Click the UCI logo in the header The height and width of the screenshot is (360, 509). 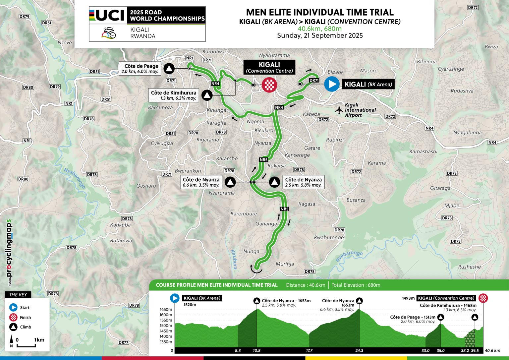tap(107, 15)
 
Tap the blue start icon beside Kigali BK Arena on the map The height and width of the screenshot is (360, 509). tap(332, 84)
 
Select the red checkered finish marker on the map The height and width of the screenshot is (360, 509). tap(269, 85)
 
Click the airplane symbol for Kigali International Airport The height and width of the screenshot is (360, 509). tap(339, 110)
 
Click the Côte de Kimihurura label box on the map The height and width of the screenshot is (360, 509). tap(174, 95)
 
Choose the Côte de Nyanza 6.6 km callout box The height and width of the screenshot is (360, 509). tap(201, 182)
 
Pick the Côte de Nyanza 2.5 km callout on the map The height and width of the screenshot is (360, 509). tap(303, 182)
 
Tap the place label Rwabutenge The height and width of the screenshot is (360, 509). tap(329, 237)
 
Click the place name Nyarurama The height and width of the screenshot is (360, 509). tap(222, 193)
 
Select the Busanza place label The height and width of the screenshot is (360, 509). tap(356, 200)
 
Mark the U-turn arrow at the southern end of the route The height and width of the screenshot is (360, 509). tap(256, 269)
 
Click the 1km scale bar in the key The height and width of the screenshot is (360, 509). tap(26, 345)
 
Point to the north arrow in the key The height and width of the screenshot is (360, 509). tap(12, 340)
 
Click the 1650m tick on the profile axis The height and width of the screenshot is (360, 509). tap(166, 310)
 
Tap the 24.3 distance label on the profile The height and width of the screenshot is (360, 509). tap(359, 350)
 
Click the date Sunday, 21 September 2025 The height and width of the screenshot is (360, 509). tap(320, 35)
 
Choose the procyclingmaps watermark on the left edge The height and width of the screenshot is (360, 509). tap(9, 249)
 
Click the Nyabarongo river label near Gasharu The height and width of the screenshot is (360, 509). tap(75, 178)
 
